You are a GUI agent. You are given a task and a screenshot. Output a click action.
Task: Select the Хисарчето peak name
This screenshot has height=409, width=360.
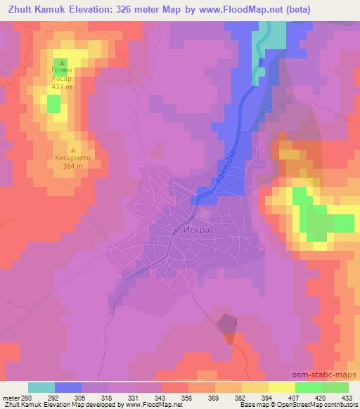click(x=72, y=159)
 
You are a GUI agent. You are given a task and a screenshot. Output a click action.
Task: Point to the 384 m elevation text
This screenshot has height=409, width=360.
click(x=72, y=167)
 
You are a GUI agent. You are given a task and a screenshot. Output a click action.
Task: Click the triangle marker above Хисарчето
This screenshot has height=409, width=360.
click(x=72, y=150)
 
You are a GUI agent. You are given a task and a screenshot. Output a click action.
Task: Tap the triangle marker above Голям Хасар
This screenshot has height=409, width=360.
click(x=61, y=63)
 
